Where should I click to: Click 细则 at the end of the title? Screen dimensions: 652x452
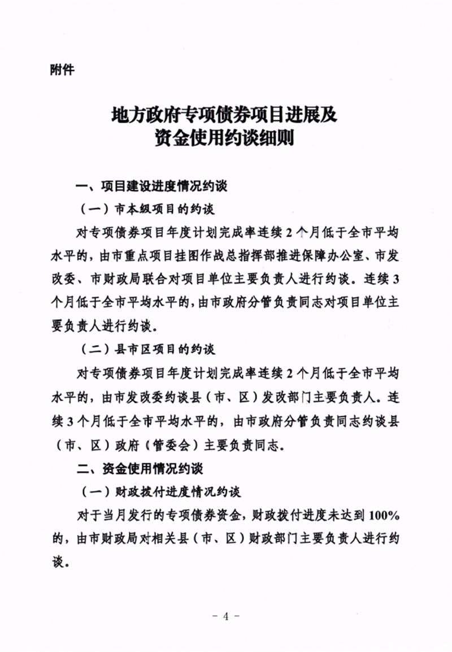pos(278,138)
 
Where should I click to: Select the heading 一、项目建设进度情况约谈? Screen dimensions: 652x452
pos(152,187)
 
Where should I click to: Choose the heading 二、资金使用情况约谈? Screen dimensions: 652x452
pos(140,468)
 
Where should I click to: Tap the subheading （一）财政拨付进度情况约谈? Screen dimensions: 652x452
pos(160,492)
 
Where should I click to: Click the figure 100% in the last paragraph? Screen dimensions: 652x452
pos(384,515)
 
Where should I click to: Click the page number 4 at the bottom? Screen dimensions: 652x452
pos(225,616)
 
